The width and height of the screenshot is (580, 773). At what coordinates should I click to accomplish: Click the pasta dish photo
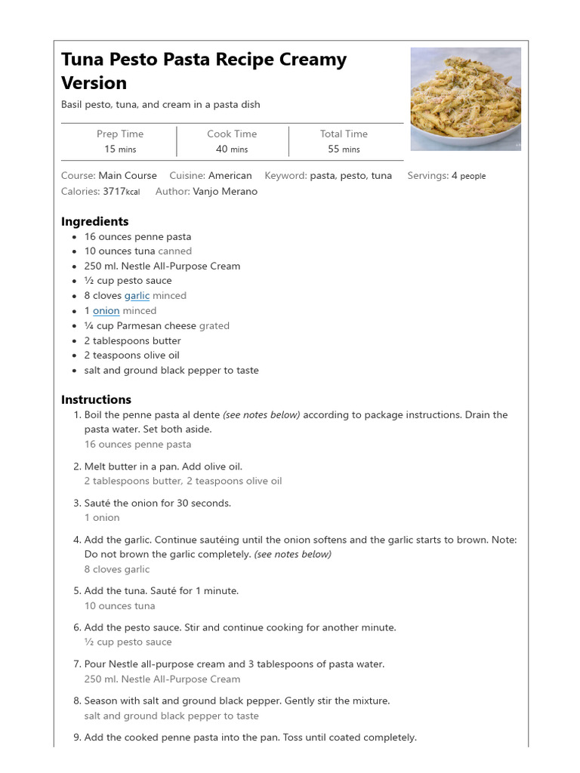[465, 99]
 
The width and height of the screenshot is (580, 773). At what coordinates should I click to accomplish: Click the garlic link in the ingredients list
[137, 296]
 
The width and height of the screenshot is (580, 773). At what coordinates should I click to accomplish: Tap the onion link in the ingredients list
[106, 311]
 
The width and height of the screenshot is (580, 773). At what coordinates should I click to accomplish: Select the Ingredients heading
[94, 221]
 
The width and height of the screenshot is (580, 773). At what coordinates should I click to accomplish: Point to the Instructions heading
[96, 399]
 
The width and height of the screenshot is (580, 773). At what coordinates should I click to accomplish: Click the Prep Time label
[119, 134]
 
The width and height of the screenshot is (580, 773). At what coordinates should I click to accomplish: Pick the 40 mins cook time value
[231, 149]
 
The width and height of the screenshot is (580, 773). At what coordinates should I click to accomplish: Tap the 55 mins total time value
[344, 149]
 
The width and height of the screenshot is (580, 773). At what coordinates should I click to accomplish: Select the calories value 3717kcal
[121, 192]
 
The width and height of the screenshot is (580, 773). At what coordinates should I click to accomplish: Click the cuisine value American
[230, 176]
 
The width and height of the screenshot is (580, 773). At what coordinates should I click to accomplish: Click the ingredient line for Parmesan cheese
[156, 326]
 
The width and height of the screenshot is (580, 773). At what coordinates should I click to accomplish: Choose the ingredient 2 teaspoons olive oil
[131, 356]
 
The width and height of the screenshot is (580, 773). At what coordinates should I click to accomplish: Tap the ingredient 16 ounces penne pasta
[137, 237]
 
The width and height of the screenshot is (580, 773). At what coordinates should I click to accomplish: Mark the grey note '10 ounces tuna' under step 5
[119, 606]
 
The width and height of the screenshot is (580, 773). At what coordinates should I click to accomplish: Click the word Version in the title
[94, 83]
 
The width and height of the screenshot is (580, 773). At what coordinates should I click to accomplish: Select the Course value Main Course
[128, 176]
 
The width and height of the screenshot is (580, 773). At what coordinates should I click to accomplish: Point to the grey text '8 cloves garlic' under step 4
[116, 570]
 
